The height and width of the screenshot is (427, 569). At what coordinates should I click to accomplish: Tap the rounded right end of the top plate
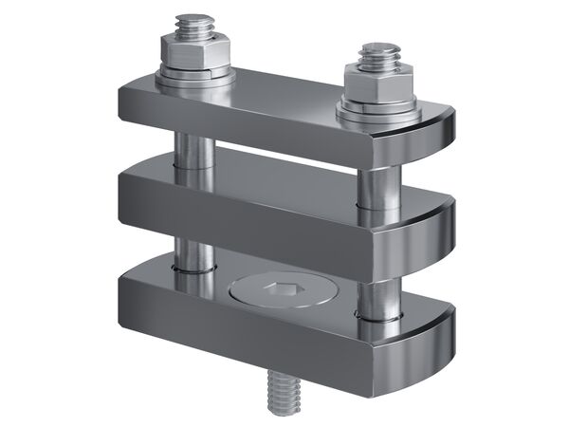(436, 139)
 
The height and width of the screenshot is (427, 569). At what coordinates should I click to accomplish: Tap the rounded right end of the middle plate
(436, 232)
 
